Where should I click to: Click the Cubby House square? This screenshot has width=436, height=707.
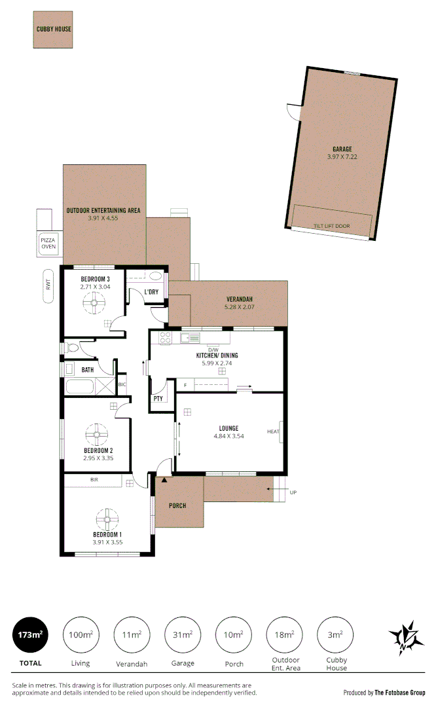pos(53,29)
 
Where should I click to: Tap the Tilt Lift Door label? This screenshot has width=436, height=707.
pos(331,226)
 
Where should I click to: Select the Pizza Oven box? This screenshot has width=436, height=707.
pos(49,244)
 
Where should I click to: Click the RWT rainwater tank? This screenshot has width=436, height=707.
pos(48,286)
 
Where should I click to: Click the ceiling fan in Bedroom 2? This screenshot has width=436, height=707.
pos(98,433)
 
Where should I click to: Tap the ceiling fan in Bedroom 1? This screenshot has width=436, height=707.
pos(107,520)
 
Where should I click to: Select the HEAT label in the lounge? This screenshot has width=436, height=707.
pos(273,431)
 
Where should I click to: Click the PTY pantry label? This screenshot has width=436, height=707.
pos(158,398)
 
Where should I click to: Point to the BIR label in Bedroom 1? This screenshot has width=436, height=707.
pos(96,480)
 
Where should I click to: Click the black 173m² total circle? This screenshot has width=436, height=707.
pos(31,634)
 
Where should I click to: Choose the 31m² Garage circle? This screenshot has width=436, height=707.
pos(183,634)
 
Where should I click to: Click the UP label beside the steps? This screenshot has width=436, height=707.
pos(293,492)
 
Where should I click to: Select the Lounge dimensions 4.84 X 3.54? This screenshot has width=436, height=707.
pos(228,436)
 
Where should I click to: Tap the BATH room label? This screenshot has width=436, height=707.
pos(87,370)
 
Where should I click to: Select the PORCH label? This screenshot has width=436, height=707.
pos(177,505)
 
